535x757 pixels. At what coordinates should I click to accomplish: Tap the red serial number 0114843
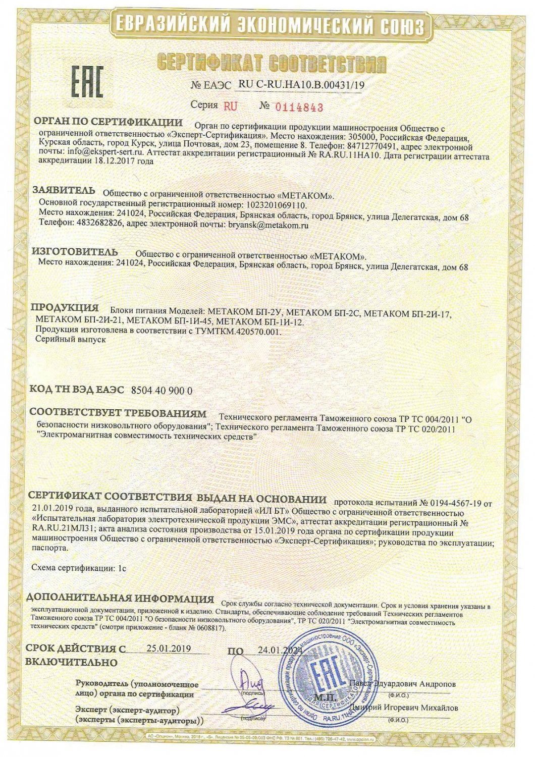click(x=298, y=107)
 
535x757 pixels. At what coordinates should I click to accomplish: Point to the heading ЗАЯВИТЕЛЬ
click(x=64, y=190)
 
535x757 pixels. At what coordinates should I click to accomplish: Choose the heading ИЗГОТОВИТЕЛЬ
click(x=75, y=252)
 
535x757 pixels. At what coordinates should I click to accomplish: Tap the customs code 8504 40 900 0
click(x=162, y=391)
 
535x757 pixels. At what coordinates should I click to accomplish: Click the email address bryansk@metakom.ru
click(x=268, y=226)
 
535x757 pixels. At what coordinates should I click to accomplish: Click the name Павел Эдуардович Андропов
click(x=402, y=684)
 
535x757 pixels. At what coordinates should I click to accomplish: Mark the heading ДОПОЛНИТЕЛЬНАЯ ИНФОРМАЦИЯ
click(x=120, y=599)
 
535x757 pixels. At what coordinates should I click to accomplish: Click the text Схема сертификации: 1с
click(x=78, y=568)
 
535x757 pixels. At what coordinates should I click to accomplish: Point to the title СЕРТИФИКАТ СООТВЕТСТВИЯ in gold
click(x=272, y=64)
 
